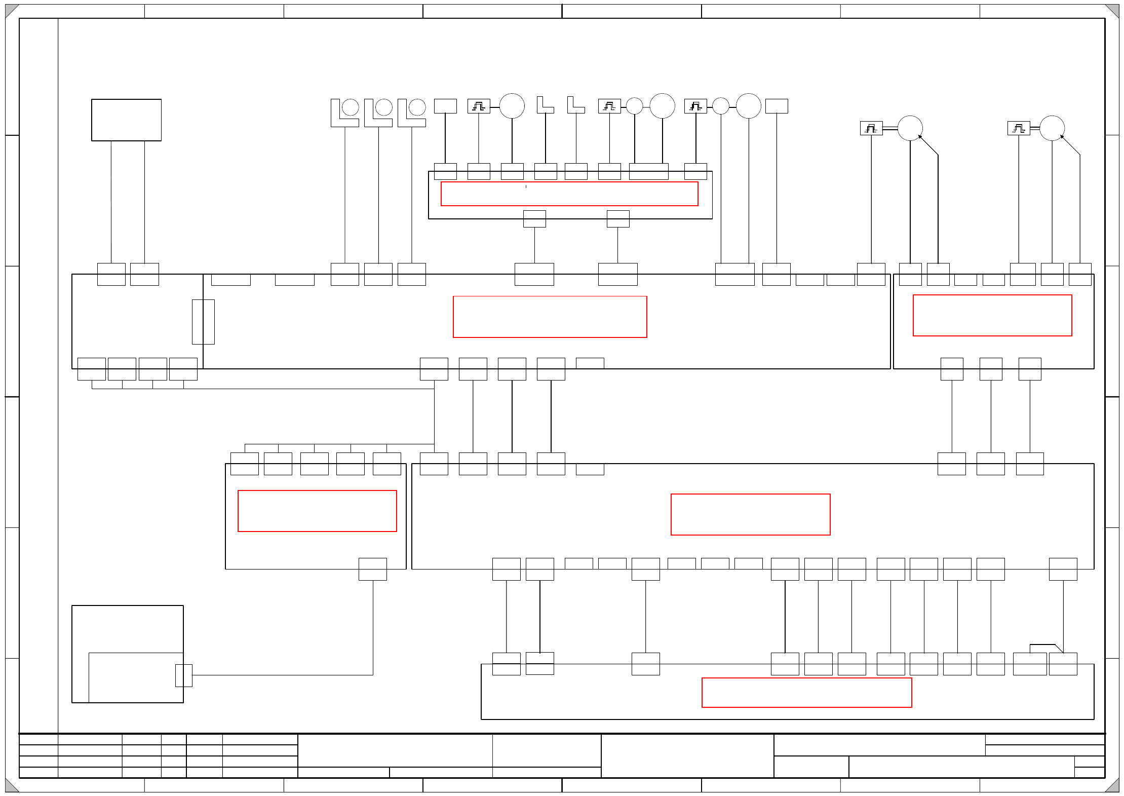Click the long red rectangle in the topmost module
point(569,194)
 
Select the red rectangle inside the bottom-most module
point(806,692)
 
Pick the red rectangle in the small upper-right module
point(992,315)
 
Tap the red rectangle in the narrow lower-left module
point(317,511)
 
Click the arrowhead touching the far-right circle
point(1062,137)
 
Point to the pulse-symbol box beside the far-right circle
point(1018,128)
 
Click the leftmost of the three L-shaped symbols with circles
point(344,112)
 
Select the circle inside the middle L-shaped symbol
point(383,107)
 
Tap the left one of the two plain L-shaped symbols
point(545,105)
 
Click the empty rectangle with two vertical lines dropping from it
point(126,120)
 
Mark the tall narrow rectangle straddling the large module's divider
point(203,322)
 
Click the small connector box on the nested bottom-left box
point(183,675)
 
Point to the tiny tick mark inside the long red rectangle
point(526,187)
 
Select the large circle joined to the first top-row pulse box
point(512,106)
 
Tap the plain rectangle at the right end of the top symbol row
point(776,106)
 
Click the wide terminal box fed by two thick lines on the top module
point(648,171)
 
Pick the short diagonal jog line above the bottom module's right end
point(1059,649)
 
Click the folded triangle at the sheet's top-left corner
point(11,11)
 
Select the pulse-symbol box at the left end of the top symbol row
point(478,106)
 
